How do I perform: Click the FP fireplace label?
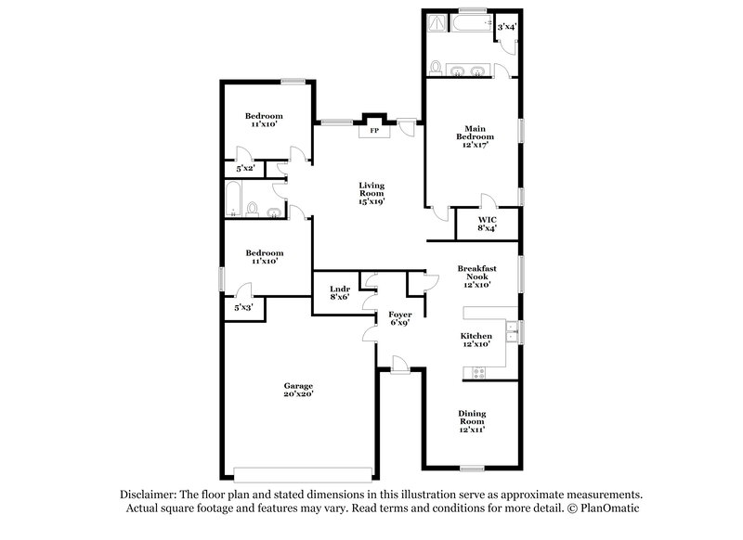(x=374, y=131)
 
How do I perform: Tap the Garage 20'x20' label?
(x=298, y=391)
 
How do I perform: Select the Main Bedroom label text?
(x=475, y=136)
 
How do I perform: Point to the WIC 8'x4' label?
(x=489, y=225)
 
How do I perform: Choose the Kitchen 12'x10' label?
(x=476, y=340)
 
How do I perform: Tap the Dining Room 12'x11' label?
(x=473, y=421)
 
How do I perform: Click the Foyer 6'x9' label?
(x=399, y=319)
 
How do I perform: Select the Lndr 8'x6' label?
(x=339, y=293)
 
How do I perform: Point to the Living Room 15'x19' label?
(x=371, y=193)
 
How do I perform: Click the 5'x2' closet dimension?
(x=245, y=169)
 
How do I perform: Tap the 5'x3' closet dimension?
(x=243, y=306)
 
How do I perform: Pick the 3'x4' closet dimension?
(x=506, y=28)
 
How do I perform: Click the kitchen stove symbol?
(x=479, y=372)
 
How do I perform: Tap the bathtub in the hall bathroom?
(x=234, y=198)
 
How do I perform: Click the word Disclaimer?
(x=150, y=495)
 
